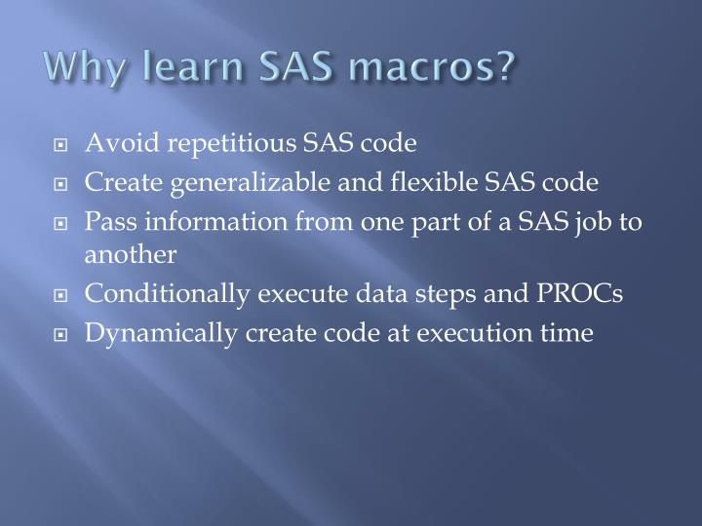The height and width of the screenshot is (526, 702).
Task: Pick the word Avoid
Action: [x=114, y=144]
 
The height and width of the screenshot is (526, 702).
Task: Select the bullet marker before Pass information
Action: [x=60, y=222]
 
